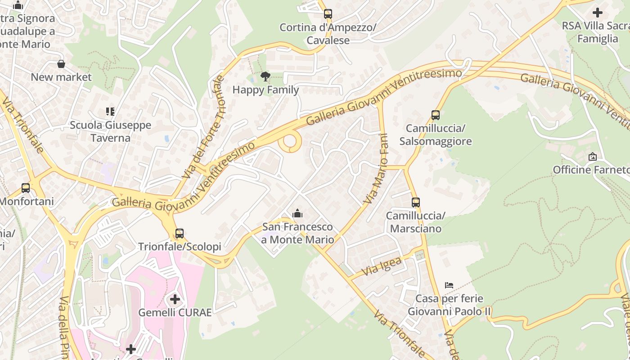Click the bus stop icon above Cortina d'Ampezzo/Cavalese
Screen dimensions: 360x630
(328, 14)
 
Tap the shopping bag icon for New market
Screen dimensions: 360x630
(61, 64)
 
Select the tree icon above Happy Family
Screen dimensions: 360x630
(265, 76)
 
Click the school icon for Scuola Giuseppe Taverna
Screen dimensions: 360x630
(110, 111)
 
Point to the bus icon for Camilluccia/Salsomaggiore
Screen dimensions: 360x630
(435, 115)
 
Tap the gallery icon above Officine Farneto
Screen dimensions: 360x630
(593, 157)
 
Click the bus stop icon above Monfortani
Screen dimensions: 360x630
(26, 188)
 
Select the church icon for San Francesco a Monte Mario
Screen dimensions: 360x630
(297, 213)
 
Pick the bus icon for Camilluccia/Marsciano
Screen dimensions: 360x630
(415, 202)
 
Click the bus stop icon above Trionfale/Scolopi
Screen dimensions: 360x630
(180, 234)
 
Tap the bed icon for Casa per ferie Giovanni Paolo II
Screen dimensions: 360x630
(449, 285)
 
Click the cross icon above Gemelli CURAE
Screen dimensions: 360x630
(175, 299)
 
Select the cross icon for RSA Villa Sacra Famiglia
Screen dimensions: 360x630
(598, 13)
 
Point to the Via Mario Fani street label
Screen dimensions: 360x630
(377, 168)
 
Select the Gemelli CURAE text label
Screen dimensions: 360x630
(175, 312)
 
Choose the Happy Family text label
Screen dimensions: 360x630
(265, 90)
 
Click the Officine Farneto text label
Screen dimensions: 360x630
(591, 170)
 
